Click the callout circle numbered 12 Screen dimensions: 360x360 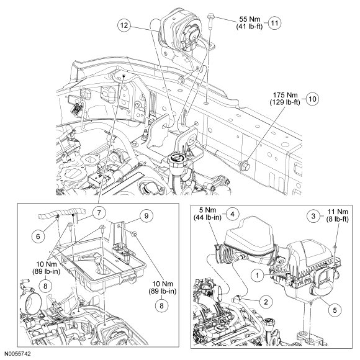pos(124,25)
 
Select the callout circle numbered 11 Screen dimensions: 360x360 pos(274,23)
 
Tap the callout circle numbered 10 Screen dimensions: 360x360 pos(313,99)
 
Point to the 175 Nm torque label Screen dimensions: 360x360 pos(285,95)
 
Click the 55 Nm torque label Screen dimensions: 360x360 pos(250,19)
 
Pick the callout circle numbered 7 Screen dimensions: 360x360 pos(99,213)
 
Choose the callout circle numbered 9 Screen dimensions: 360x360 pos(146,215)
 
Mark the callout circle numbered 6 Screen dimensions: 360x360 pos(38,236)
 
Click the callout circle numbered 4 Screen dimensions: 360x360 pos(232,214)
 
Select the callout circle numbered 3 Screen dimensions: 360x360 pos(313,216)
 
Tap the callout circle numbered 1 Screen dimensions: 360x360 pos(257,276)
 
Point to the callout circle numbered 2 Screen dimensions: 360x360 pos(266,302)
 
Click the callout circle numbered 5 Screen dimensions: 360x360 pos(335,310)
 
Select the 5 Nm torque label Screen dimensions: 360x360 pos(207,210)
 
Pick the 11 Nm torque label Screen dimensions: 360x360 pos(338,212)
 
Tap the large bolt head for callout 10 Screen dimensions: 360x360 pos(245,166)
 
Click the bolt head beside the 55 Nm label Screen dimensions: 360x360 pos(210,17)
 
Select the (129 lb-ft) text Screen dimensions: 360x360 pos(285,102)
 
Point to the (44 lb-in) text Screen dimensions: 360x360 pos(207,217)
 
